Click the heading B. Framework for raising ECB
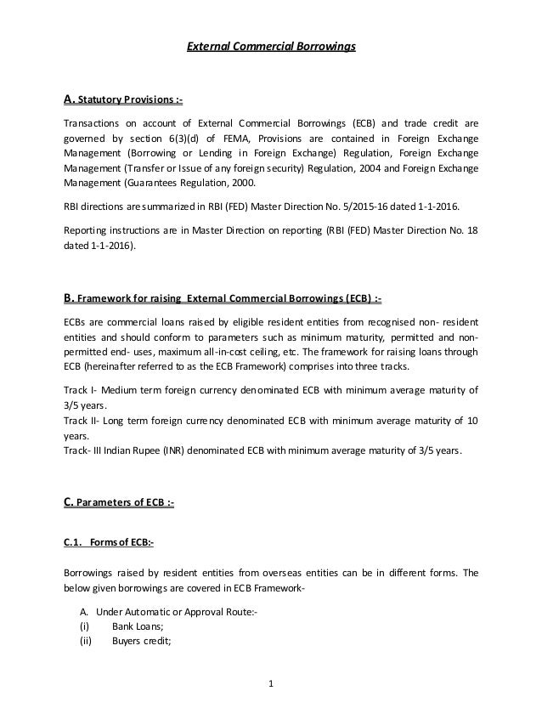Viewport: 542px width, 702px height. click(228, 297)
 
